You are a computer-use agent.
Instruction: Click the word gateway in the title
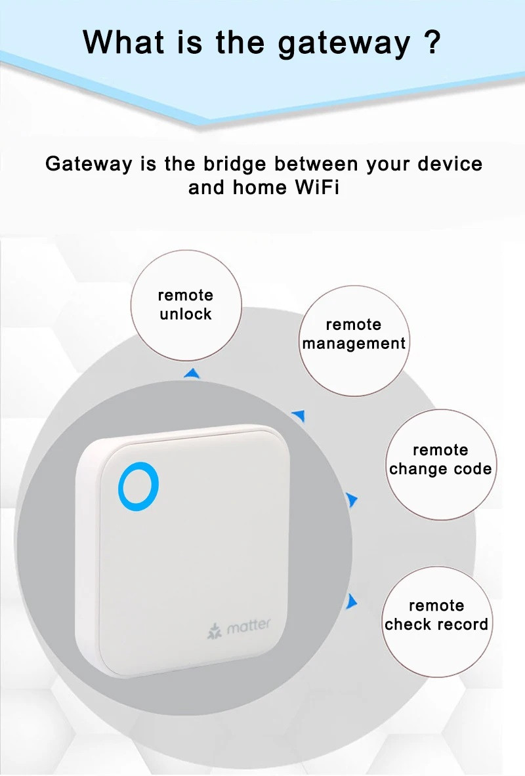[x=344, y=43]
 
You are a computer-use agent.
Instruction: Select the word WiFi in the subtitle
[x=317, y=188]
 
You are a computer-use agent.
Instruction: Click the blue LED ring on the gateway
[x=119, y=487]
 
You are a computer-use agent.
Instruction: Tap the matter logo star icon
[x=214, y=632]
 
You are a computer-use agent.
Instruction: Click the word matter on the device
[x=248, y=626]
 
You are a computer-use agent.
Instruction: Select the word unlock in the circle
[x=186, y=314]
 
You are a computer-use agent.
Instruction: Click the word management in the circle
[x=354, y=344]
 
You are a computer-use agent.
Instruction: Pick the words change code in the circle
[x=440, y=468]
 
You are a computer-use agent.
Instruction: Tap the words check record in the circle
[x=436, y=624]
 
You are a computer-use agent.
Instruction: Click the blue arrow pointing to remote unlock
[x=192, y=374]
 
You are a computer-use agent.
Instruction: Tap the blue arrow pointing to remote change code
[x=352, y=500]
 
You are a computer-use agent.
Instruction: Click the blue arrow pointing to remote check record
[x=352, y=602]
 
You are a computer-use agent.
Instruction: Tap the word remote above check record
[x=436, y=605]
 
